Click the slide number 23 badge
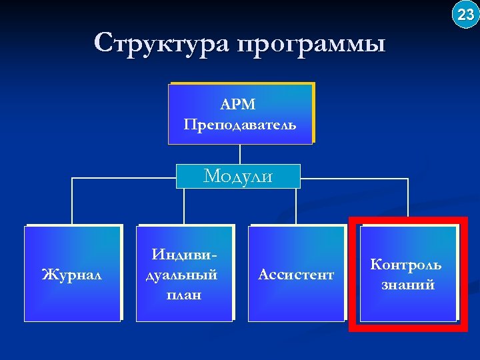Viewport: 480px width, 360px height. pyautogui.click(x=465, y=14)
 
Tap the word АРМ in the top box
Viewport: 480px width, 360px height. pyautogui.click(x=239, y=105)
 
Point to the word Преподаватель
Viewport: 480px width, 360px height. pyautogui.click(x=240, y=125)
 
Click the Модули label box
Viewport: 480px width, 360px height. pyautogui.click(x=238, y=176)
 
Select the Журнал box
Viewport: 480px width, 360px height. pyautogui.click(x=73, y=273)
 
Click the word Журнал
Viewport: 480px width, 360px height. pyautogui.click(x=72, y=274)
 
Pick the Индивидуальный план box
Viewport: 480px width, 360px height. pyautogui.click(x=184, y=273)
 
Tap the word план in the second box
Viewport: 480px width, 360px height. pyautogui.click(x=184, y=294)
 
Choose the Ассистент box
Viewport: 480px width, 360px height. pyautogui.click(x=296, y=273)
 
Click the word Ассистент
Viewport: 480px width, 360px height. pyautogui.click(x=296, y=274)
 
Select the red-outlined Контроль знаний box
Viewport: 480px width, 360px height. pyautogui.click(x=408, y=273)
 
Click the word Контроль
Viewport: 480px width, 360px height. pyautogui.click(x=406, y=264)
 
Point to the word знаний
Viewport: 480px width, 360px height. pyautogui.click(x=407, y=285)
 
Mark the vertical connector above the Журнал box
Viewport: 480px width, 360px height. pyautogui.click(x=72, y=201)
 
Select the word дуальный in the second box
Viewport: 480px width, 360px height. pyautogui.click(x=183, y=274)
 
